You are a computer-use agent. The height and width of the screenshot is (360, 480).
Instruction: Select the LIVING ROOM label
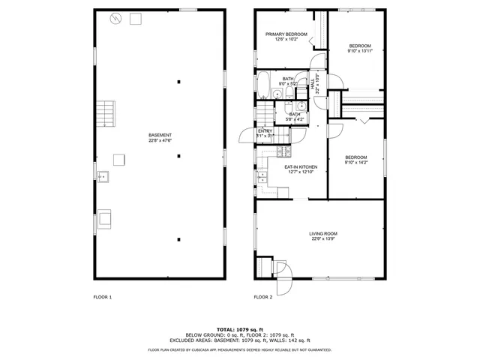324,234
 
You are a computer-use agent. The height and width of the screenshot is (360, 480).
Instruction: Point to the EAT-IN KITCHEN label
301,166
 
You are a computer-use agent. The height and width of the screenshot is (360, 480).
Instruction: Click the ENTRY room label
265,131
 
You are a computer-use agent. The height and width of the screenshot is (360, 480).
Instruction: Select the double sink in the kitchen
262,178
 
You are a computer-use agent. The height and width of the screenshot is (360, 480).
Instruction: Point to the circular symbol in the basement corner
115,19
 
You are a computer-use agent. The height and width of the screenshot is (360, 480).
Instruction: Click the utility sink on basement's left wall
103,177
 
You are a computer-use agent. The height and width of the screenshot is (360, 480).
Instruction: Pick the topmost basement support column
178,81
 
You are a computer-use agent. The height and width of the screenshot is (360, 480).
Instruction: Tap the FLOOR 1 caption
103,297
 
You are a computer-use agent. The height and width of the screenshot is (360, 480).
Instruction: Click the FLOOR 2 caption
263,297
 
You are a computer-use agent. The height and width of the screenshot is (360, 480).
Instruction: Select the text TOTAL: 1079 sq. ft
239,329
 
